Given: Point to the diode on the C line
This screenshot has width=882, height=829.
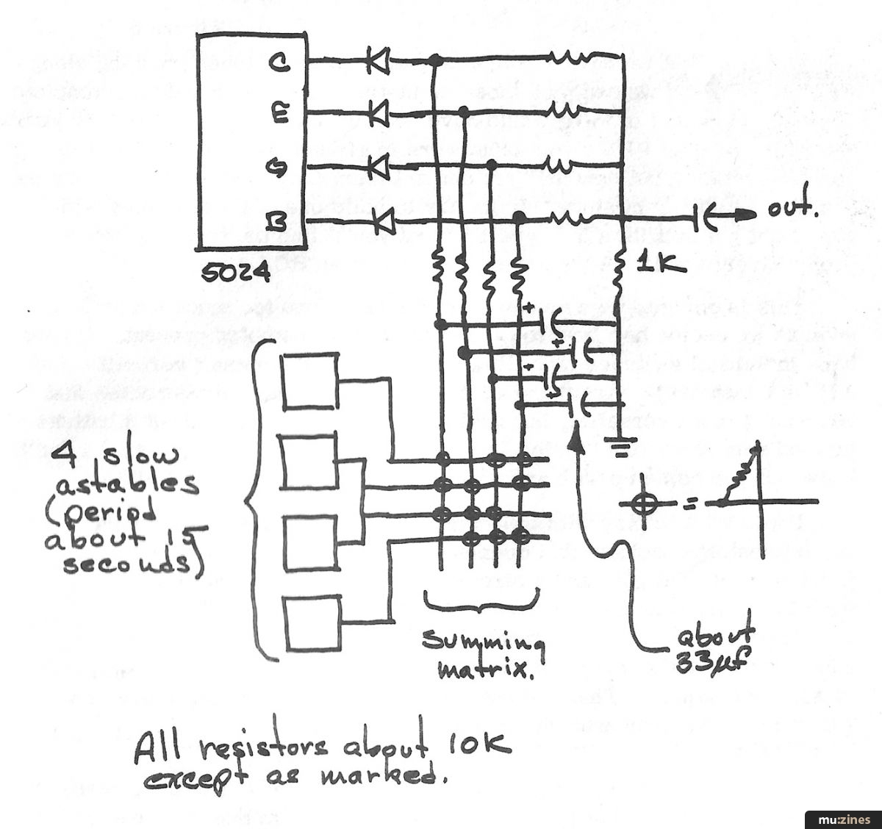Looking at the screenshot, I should tap(377, 62).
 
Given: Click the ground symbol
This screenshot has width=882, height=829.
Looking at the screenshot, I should tap(619, 442).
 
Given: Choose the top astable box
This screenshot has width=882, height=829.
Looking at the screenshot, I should tap(310, 380).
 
